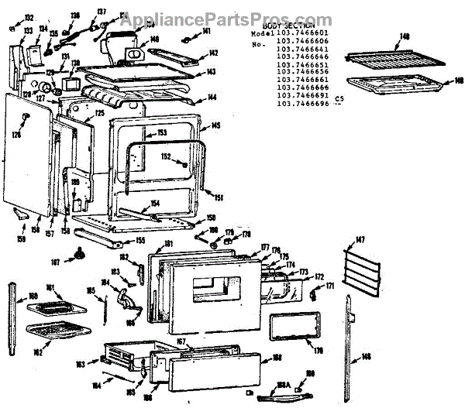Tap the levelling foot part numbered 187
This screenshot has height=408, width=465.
[81, 254]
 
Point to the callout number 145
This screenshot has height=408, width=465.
[216, 125]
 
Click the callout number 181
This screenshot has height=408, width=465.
[169, 245]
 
